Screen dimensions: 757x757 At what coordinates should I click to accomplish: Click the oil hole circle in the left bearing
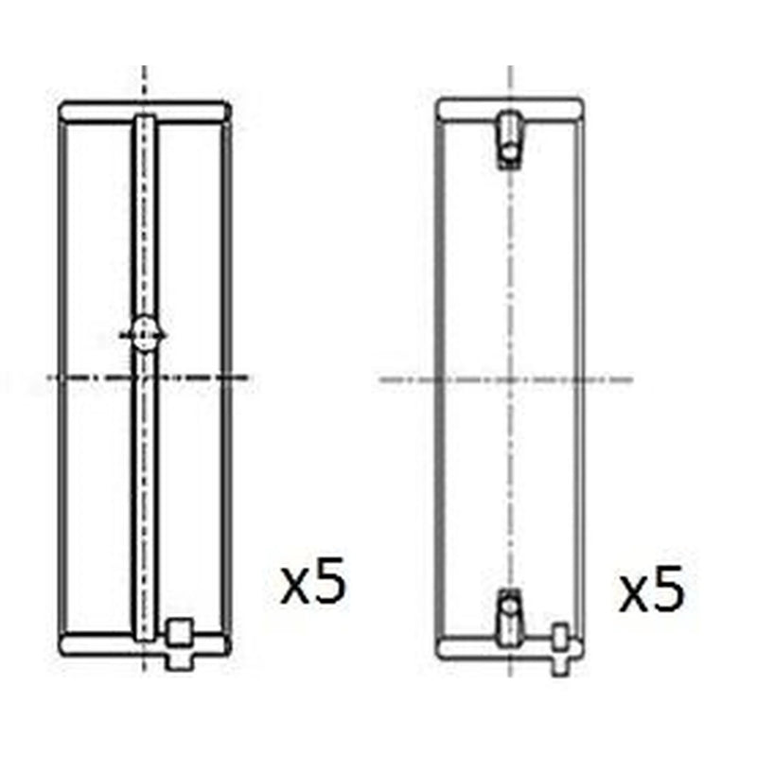coord(144,333)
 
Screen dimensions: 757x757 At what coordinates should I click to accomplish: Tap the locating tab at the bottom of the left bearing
coord(180,644)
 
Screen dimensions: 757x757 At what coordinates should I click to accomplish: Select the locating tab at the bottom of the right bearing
coord(560,650)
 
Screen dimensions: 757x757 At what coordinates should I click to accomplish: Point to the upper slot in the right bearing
coord(509,140)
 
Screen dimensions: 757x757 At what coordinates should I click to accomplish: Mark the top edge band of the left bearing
coord(144,112)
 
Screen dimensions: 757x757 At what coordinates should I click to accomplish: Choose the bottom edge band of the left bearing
coord(144,644)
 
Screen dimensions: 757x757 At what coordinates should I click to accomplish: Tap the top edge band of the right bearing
coord(510,110)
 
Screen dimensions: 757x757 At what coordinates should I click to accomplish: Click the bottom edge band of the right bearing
coord(510,648)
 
